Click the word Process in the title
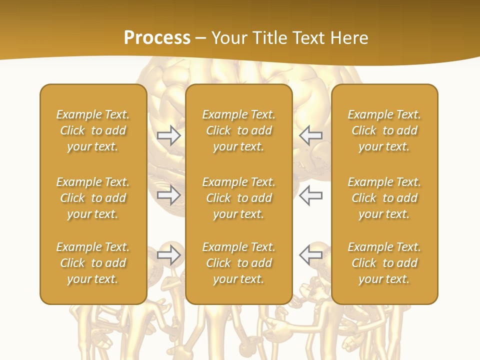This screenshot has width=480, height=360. tap(157, 38)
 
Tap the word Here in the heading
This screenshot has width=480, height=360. tap(348, 38)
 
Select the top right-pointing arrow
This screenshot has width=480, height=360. tap(168, 135)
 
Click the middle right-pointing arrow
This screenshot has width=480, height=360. tap(168, 195)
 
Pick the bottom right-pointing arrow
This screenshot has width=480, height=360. tap(168, 255)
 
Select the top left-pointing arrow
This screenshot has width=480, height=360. tap(310, 135)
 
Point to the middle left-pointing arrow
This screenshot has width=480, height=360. tap(310, 195)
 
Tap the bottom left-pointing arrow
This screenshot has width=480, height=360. tap(310, 255)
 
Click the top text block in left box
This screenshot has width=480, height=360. tap(93, 130)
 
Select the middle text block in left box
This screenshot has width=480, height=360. tap(93, 198)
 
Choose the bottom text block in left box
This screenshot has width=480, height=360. tap(93, 263)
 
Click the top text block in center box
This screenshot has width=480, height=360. tap(238, 130)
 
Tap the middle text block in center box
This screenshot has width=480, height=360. tap(238, 198)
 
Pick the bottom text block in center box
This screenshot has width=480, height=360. tap(238, 263)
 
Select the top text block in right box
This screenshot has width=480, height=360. tap(384, 130)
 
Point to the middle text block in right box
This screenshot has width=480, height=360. tap(384, 198)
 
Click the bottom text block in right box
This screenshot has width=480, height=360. tap(384, 263)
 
